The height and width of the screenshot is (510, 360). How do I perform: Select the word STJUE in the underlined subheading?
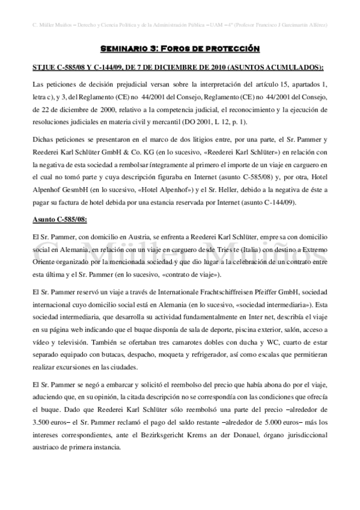[44, 66]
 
